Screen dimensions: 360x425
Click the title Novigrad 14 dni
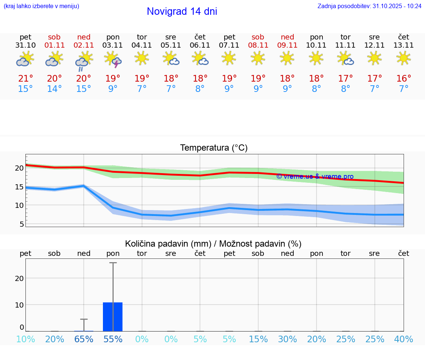(x=182, y=11)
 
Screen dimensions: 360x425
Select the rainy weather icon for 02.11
(x=84, y=61)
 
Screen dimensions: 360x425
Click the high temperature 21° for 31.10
(x=25, y=78)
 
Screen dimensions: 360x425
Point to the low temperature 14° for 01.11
(x=55, y=89)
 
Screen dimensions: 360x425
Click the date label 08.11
(x=258, y=45)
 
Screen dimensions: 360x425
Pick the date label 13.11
(x=404, y=45)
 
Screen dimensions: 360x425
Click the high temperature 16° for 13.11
(x=404, y=78)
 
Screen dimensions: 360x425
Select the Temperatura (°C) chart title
(x=214, y=148)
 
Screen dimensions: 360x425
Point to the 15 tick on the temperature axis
(x=19, y=187)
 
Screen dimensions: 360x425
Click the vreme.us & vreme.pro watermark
(x=315, y=176)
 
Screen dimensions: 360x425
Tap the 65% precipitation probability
(x=84, y=339)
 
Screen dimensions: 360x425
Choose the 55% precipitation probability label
(x=113, y=339)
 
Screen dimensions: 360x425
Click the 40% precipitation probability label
(x=404, y=339)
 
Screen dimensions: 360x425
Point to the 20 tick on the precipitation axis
(x=19, y=278)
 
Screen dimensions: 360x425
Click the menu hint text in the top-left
(x=41, y=6)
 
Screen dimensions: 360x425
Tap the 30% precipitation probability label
(x=287, y=339)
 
